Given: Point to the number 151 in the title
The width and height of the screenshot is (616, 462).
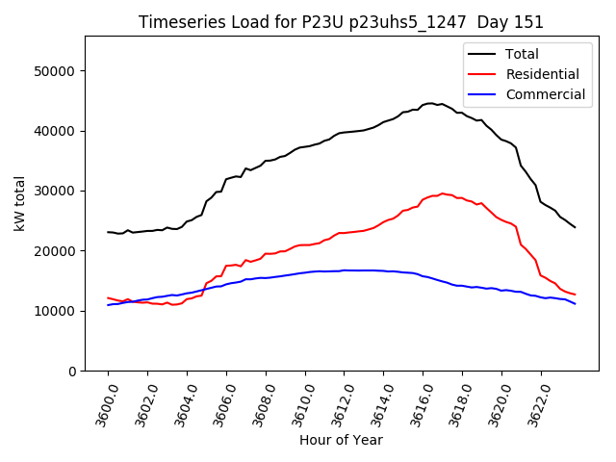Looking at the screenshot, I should (530, 22).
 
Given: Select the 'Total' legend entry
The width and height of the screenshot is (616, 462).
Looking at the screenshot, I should (523, 54).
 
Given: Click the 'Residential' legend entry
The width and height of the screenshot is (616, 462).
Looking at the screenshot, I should (543, 74).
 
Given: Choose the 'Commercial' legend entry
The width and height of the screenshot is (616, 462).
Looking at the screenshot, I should (546, 94).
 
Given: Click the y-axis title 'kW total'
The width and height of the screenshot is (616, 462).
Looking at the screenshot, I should (19, 204).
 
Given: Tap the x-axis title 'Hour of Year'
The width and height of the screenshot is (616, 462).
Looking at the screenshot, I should (341, 440).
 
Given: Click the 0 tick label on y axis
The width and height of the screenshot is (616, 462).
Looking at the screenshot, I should (72, 371).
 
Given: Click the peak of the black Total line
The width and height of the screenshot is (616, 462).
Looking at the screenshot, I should (429, 103).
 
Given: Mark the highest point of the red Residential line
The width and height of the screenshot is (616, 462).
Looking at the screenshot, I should (443, 193).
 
